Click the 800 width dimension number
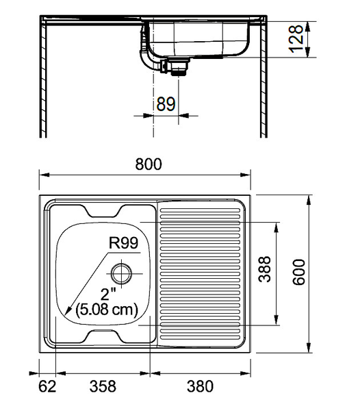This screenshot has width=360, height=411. [148, 164]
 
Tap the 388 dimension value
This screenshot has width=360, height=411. [266, 272]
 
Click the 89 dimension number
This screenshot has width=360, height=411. [166, 104]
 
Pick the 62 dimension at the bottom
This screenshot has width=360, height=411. [47, 386]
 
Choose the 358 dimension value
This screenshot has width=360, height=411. [103, 386]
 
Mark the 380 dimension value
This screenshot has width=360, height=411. [200, 386]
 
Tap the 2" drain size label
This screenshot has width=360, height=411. [107, 295]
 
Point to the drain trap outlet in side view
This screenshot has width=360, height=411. [178, 67]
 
